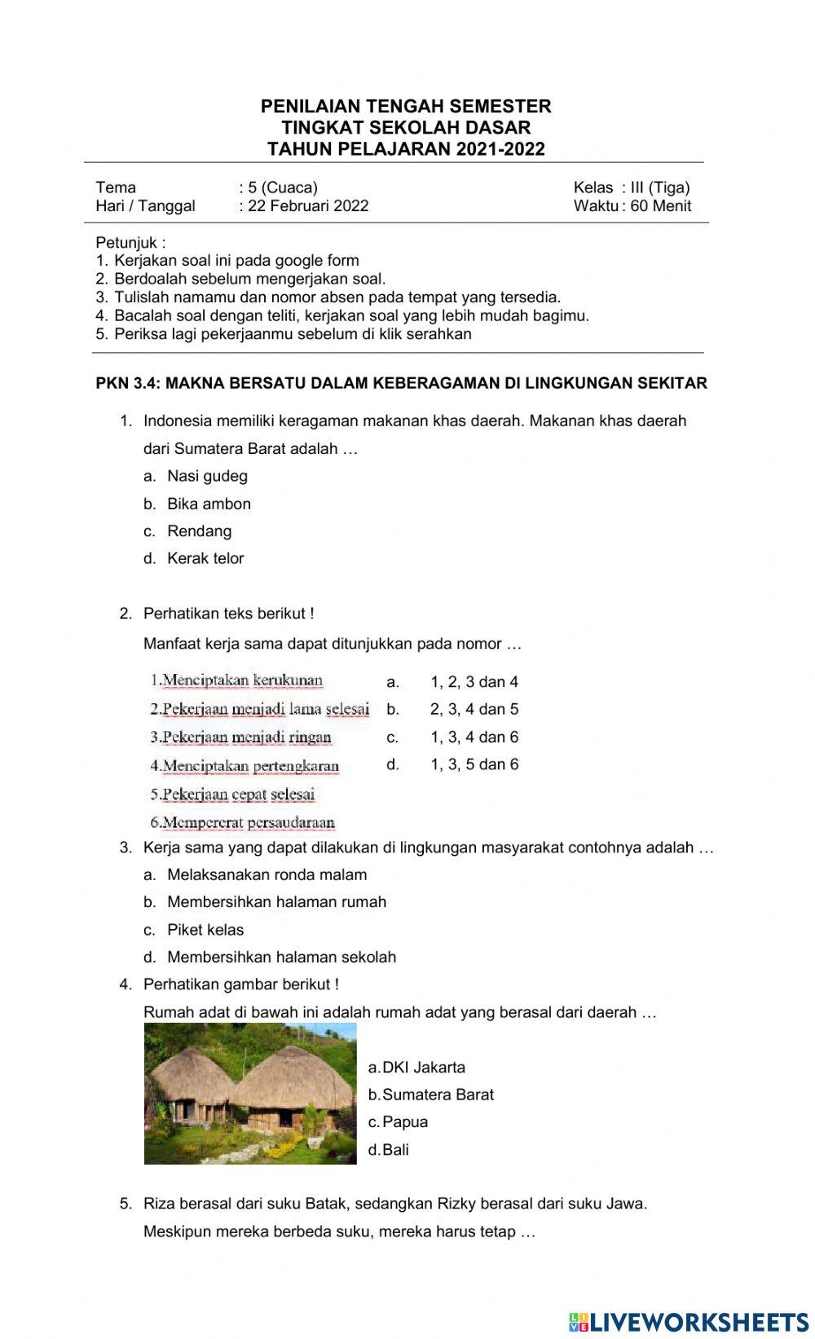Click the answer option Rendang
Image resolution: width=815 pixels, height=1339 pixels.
[x=199, y=531]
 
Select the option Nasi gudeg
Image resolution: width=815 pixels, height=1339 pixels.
[x=207, y=476]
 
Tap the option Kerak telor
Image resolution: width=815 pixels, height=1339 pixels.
[x=205, y=559]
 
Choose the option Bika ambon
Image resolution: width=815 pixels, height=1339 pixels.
[x=209, y=504]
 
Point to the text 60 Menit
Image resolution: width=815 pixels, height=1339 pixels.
[x=660, y=206]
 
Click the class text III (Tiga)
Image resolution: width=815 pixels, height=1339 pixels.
[x=660, y=187]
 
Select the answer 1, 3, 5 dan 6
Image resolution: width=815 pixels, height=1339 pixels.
[x=474, y=764]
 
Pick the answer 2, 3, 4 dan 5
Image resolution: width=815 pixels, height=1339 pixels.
[x=474, y=709]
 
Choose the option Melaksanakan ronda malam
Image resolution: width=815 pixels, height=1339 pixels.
[x=267, y=874]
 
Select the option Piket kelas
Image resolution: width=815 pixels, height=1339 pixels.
[x=205, y=930]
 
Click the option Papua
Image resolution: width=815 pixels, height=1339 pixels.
[x=404, y=1122]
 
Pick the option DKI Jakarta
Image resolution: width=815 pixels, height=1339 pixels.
[x=423, y=1068]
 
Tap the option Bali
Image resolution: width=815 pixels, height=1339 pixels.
[x=395, y=1150]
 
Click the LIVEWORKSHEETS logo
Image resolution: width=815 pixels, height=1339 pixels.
[x=689, y=1321]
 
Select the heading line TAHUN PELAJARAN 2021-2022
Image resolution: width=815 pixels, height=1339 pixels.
[x=406, y=149]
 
